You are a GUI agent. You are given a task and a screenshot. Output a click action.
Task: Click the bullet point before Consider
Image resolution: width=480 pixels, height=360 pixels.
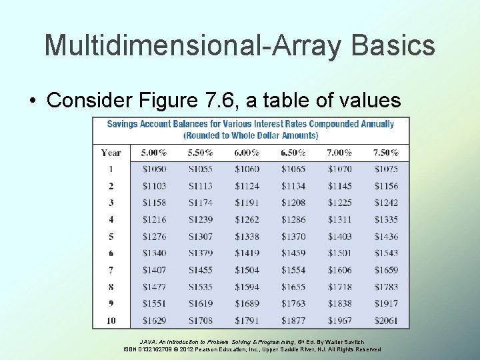click(32, 101)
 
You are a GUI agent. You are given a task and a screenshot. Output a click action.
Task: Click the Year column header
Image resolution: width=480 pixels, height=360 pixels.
click(111, 153)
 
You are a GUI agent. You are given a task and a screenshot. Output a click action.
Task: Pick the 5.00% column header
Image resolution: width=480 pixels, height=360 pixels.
click(154, 153)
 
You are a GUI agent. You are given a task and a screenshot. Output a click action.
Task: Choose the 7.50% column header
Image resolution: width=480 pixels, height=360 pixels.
click(386, 153)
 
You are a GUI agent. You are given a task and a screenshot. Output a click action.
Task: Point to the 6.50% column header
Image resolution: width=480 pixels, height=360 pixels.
click(293, 153)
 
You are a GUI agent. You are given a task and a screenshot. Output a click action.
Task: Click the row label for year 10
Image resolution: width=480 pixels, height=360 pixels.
click(111, 321)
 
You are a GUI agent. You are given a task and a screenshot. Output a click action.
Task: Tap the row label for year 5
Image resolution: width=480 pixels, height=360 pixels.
click(111, 237)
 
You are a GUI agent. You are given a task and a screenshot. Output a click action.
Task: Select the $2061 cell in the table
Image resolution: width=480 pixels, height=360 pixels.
click(386, 321)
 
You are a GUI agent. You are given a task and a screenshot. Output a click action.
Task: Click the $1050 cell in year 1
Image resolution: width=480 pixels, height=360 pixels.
click(154, 169)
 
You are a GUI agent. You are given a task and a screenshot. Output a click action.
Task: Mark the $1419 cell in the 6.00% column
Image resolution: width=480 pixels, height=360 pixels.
click(247, 253)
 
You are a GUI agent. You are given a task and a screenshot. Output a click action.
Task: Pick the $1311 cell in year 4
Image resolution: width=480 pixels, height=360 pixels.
click(339, 219)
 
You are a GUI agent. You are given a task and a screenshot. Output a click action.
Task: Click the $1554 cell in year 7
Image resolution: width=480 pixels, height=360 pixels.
click(293, 270)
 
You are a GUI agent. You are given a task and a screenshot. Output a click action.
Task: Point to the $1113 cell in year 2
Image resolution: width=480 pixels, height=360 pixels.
click(200, 186)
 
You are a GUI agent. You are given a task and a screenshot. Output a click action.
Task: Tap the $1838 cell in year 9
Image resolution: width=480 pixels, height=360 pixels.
click(339, 304)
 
